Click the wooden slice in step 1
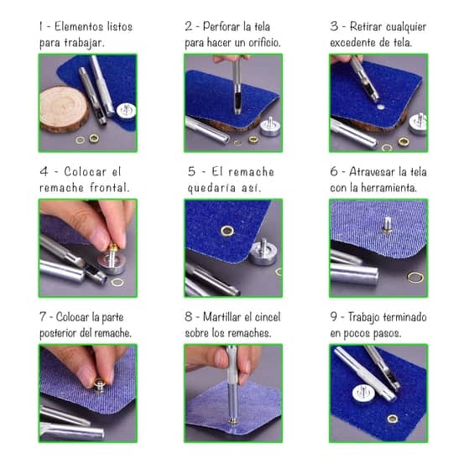(x=64, y=108)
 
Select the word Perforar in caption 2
(x=222, y=27)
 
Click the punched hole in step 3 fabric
(x=381, y=107)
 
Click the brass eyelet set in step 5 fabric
(x=227, y=231)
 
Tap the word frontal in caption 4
(x=109, y=188)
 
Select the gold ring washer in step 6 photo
(x=415, y=277)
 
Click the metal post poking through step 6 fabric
(x=387, y=224)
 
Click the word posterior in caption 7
(x=58, y=333)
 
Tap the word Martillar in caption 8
(x=222, y=317)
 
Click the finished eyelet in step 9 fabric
(x=393, y=419)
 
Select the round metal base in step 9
(x=363, y=394)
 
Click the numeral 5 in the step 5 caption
(x=191, y=172)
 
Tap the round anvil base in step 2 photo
(x=269, y=127)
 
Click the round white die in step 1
(x=127, y=111)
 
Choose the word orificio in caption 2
(x=264, y=43)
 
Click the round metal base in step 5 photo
(x=263, y=252)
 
